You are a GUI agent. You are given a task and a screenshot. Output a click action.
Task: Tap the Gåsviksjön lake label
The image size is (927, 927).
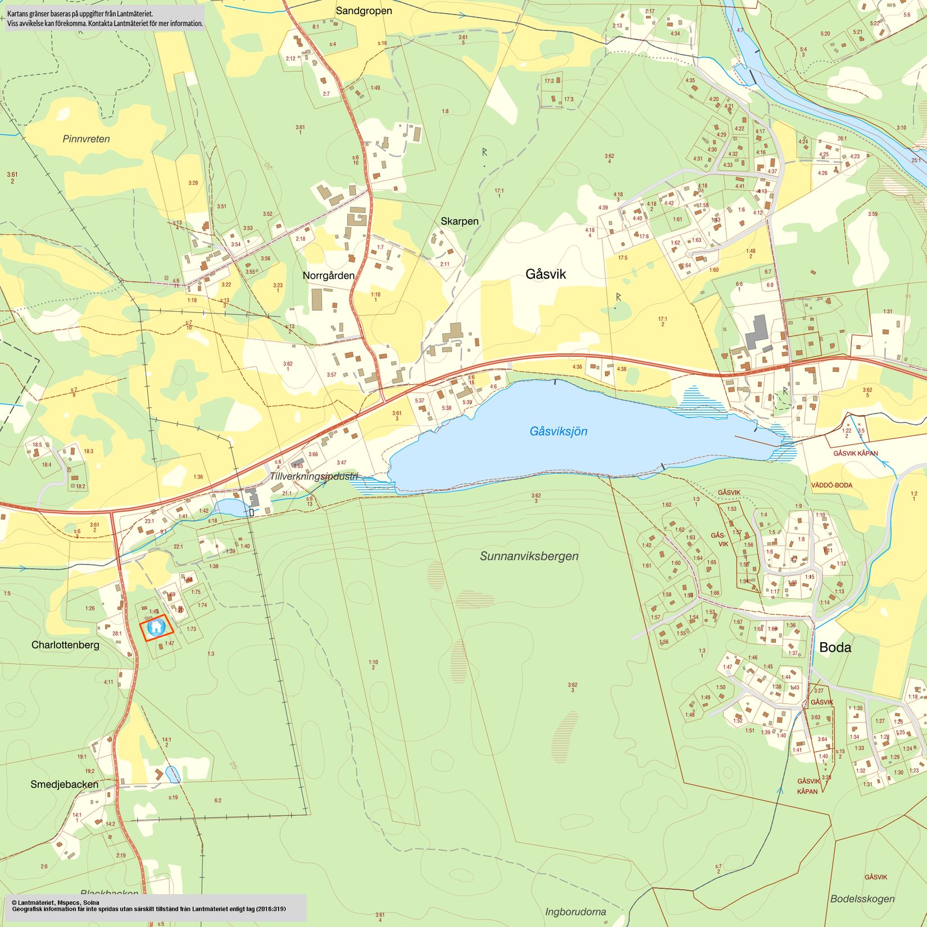point(558,431)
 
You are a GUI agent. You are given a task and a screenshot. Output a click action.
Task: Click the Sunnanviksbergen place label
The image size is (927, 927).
point(529,556)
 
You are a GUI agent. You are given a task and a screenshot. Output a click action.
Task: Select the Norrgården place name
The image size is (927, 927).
point(329,276)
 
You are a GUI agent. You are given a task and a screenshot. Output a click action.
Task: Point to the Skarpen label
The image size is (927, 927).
point(459,221)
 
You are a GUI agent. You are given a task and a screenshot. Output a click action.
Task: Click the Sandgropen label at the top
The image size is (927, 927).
point(363,11)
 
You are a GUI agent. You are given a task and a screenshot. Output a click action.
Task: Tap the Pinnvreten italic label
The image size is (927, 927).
point(86,139)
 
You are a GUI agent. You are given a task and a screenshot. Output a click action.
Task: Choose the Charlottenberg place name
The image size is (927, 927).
point(65,645)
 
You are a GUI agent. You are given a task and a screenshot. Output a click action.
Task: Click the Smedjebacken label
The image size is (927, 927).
point(64,784)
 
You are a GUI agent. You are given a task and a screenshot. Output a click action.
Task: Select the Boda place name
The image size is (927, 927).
point(835,647)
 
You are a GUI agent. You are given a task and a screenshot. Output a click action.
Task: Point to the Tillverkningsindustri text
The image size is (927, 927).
point(313,476)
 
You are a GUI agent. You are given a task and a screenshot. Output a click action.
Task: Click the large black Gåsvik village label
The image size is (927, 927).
point(546,274)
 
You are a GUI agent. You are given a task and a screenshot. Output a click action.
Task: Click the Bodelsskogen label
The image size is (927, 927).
point(862,898)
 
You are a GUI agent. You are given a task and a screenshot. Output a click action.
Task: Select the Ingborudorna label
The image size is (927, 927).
point(575,911)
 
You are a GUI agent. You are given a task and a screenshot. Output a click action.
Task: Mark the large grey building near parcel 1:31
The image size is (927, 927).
point(757,332)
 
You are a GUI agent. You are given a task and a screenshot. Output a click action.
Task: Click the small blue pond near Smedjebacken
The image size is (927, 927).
point(172,774)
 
